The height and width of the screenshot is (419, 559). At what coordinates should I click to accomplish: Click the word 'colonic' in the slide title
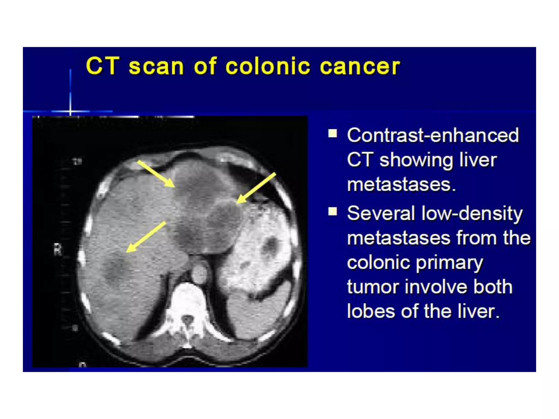tap(268, 66)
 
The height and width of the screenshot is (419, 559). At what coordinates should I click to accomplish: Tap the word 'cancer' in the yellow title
tap(360, 67)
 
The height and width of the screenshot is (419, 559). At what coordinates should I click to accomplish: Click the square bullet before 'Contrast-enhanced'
tap(332, 134)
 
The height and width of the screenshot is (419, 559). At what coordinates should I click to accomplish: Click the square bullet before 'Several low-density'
tap(332, 211)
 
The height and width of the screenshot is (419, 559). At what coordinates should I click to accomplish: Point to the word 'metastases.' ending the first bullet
tap(401, 185)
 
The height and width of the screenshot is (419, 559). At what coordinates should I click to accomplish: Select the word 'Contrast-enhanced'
tap(433, 135)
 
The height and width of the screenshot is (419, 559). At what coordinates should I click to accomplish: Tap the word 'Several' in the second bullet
tap(381, 213)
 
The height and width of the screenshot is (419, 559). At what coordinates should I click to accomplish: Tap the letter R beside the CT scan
tap(58, 250)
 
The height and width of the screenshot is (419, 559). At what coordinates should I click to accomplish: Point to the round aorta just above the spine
tap(200, 272)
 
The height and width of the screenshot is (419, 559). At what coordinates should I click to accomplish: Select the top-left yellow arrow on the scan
tap(156, 174)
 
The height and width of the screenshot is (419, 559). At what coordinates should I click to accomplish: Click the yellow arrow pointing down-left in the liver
tap(146, 237)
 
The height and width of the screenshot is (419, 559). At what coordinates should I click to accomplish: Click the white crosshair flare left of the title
tap(70, 111)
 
